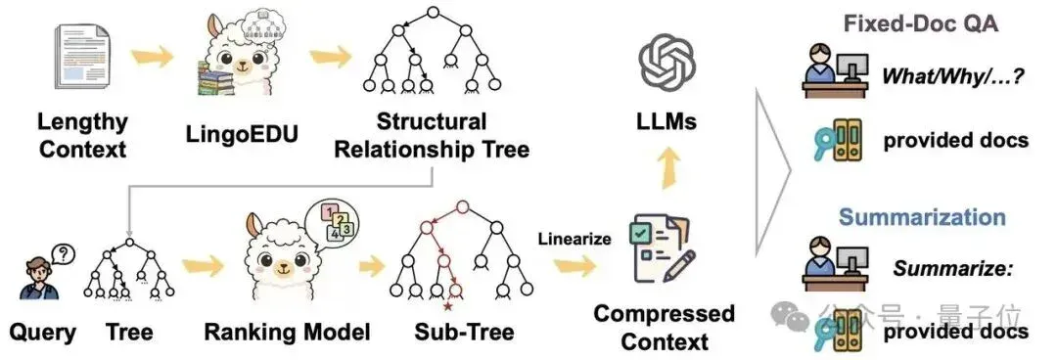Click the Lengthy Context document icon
[81, 56]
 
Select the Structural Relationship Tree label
[432, 135]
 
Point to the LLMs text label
[666, 122]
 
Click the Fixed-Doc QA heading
[920, 23]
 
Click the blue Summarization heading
[922, 217]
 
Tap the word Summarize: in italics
[953, 269]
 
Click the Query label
[42, 333]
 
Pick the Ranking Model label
[287, 332]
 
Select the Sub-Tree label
[464, 332]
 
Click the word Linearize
[574, 239]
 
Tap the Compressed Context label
[665, 327]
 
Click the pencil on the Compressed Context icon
[681, 266]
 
